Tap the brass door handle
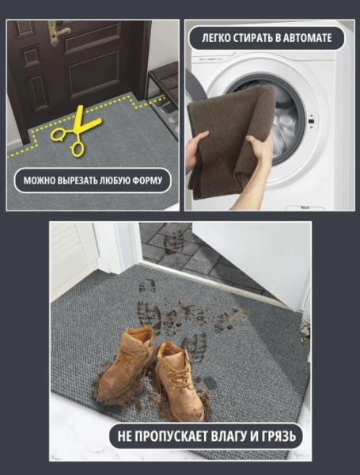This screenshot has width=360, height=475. pos(58,32)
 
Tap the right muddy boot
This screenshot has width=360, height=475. pos(180,382)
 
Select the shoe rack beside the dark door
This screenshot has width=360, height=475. pos(163,97)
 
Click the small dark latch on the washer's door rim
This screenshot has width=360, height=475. pos(311,121)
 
